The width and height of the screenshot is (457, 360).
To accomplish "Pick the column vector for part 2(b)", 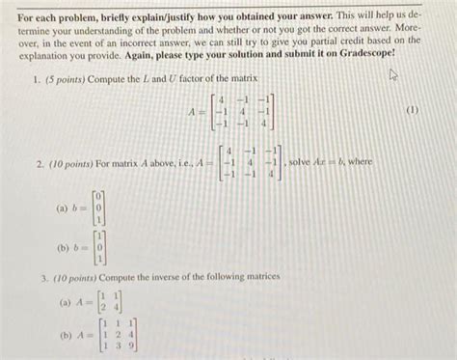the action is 100,247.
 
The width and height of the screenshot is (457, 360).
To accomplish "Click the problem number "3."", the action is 44,277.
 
